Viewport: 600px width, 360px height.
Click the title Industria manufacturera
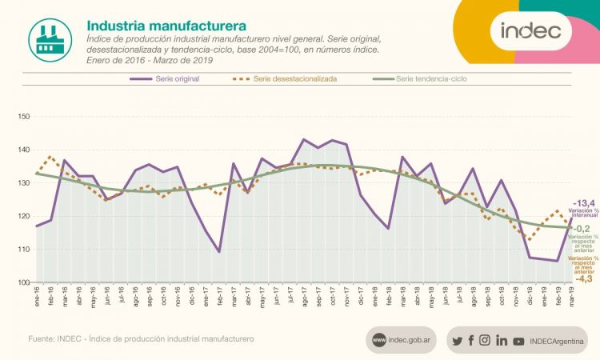(166, 28)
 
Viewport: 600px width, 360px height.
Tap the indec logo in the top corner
(530, 31)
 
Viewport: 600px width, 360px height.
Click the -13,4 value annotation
(583, 202)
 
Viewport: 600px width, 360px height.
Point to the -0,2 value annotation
(585, 229)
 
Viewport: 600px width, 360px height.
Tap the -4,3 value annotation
(583, 278)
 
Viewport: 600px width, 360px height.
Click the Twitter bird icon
(457, 341)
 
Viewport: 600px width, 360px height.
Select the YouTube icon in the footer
(518, 341)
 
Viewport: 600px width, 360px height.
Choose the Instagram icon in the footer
(485, 341)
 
